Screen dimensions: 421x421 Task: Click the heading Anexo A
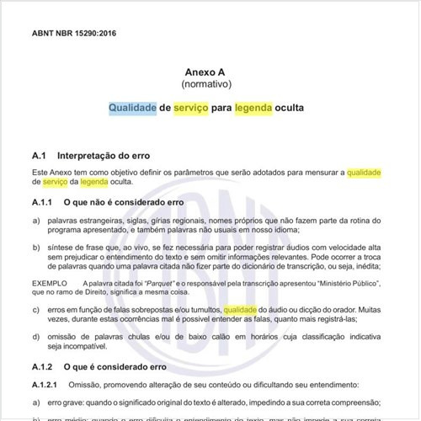210,73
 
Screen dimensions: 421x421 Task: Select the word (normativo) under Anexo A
210,86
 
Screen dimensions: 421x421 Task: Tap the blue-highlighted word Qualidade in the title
132,109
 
